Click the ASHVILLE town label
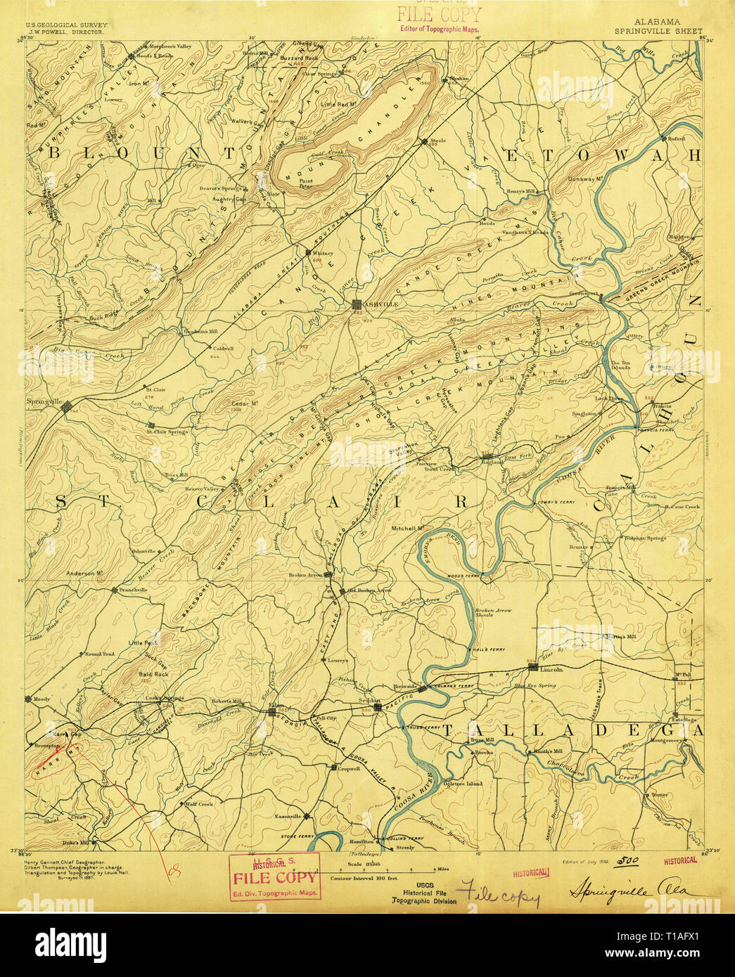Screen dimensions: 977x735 coord(381,304)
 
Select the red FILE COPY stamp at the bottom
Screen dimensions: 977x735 coord(275,877)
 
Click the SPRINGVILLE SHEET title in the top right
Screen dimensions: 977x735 coord(658,31)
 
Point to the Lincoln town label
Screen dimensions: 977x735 coord(552,669)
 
